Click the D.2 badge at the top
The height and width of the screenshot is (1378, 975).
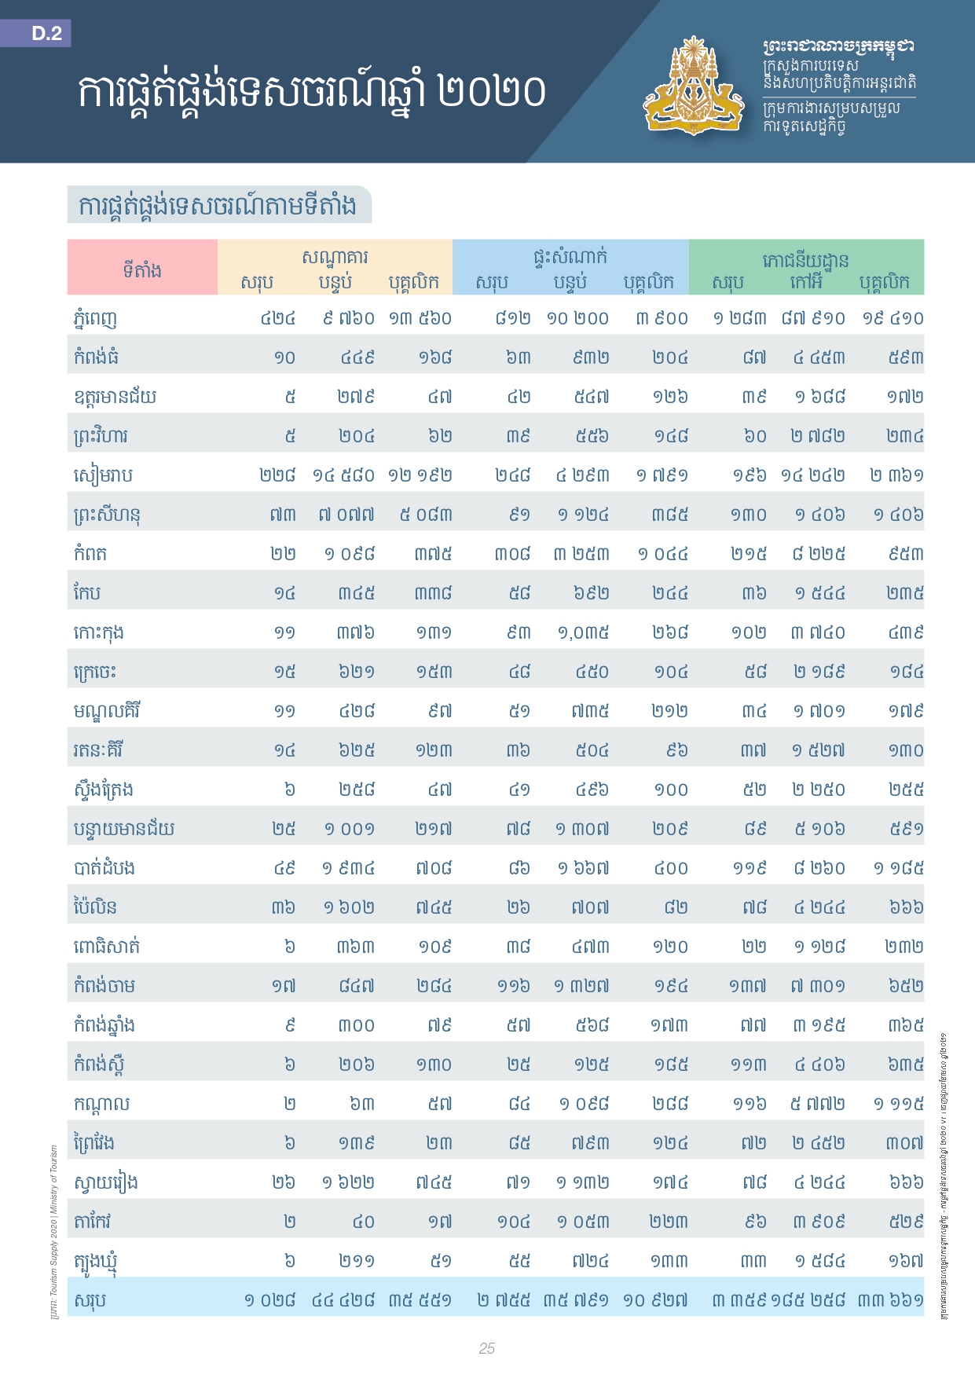(46, 33)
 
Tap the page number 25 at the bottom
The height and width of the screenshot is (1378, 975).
(487, 1348)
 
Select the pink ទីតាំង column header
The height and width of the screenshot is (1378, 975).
(142, 269)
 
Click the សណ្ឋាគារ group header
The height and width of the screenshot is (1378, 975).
(335, 256)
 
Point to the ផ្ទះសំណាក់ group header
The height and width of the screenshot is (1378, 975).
(570, 256)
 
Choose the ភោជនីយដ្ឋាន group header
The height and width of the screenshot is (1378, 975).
(805, 259)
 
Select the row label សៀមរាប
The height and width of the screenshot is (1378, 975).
(103, 475)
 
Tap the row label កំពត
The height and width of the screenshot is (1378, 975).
(90, 554)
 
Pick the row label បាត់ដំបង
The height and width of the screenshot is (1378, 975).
(104, 868)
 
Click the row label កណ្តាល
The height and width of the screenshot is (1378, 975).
(101, 1104)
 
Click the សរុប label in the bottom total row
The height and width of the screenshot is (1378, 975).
(90, 1300)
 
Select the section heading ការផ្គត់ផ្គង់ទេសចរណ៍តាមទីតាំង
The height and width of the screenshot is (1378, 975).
(218, 205)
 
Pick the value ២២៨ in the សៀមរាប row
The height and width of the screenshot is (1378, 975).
(277, 475)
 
